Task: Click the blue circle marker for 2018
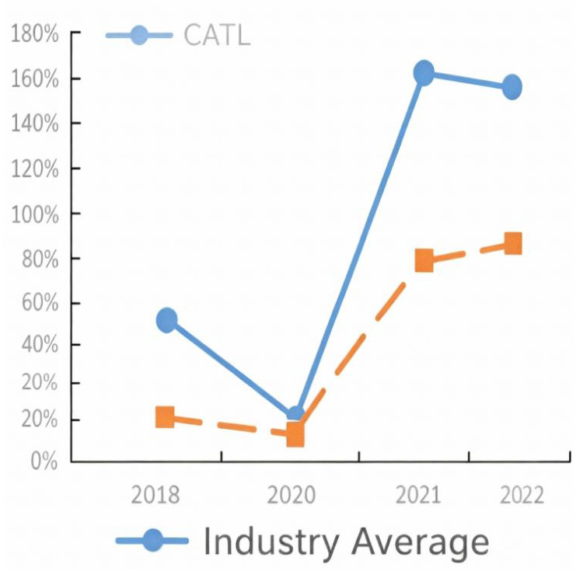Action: (x=166, y=319)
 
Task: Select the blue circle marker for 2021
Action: (x=424, y=73)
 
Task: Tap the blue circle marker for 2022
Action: (x=511, y=87)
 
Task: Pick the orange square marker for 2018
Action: (x=165, y=417)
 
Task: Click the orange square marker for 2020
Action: (x=295, y=435)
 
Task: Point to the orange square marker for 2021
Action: (x=424, y=260)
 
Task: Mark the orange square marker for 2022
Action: (x=512, y=243)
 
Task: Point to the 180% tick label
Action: (x=34, y=34)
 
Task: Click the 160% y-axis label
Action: (x=34, y=79)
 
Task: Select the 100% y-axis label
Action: (x=34, y=214)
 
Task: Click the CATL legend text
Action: (x=217, y=35)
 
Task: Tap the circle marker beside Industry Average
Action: (x=153, y=541)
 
